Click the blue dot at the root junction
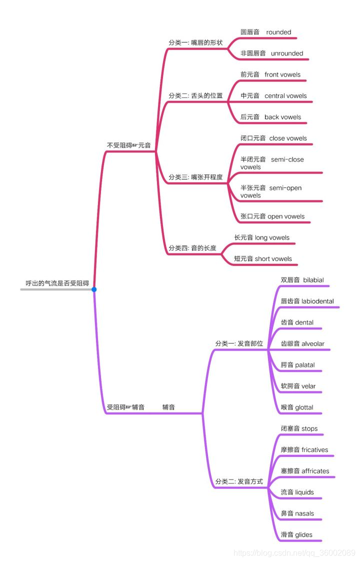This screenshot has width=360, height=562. point(94,289)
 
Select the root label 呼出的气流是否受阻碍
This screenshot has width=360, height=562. point(57,283)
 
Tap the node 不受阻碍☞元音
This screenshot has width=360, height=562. point(128,145)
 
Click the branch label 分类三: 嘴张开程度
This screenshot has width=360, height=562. point(195,177)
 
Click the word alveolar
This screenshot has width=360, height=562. point(313,343)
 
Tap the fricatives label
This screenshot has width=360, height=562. point(314,449)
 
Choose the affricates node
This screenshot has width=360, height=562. point(315,471)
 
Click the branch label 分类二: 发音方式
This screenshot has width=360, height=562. point(239,481)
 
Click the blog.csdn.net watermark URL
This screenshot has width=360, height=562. point(294,552)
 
